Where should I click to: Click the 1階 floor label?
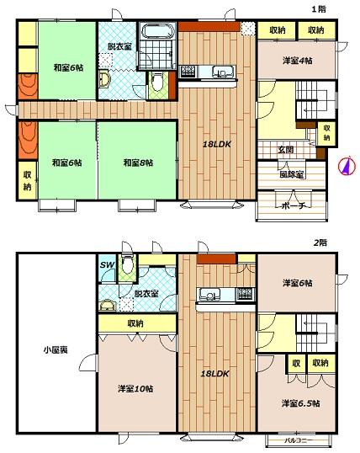point(319,9)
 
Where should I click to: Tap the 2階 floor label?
point(320,242)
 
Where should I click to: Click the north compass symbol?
point(347,166)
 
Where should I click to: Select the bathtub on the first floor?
point(157,30)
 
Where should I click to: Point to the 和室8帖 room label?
point(138,163)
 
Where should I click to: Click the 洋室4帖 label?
point(298,61)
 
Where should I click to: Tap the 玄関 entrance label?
point(286,149)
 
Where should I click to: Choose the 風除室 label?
point(292,174)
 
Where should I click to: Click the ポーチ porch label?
point(293,206)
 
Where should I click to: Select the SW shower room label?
point(108,264)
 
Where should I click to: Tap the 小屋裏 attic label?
point(56,350)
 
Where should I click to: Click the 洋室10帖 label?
point(135,388)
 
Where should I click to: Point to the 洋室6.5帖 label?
point(300,403)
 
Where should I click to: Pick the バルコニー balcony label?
point(299,441)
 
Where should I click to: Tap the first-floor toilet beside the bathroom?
point(157,82)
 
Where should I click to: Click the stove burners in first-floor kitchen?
point(188,72)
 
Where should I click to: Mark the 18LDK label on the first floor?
point(217,145)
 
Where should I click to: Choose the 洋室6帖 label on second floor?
point(298,283)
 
